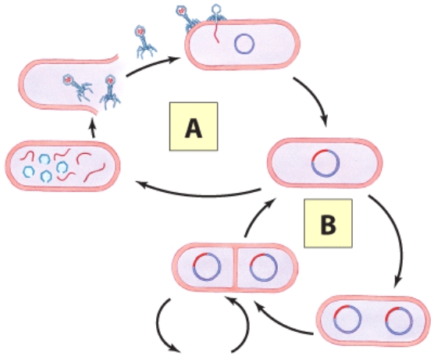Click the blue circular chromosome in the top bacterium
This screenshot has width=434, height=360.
[x=245, y=45]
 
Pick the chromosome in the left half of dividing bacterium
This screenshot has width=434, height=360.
[x=206, y=269]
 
